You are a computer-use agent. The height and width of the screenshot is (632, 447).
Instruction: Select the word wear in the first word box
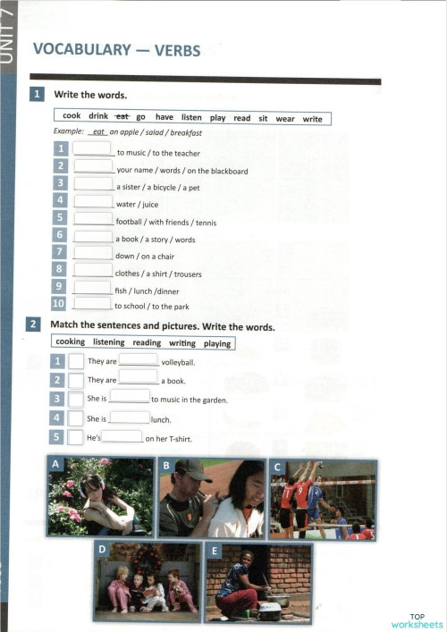coord(285,118)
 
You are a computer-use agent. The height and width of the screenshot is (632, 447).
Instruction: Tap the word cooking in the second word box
coord(71,342)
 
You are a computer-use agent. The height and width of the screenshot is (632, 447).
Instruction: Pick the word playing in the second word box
coord(217,343)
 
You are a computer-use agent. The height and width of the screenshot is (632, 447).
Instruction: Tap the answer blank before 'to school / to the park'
coord(92,304)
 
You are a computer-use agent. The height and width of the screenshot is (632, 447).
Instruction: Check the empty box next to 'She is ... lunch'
coord(76,417)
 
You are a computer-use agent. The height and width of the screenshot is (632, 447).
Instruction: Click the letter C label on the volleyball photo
coord(278,467)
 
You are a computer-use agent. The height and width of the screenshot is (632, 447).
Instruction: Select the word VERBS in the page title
coord(177,49)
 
